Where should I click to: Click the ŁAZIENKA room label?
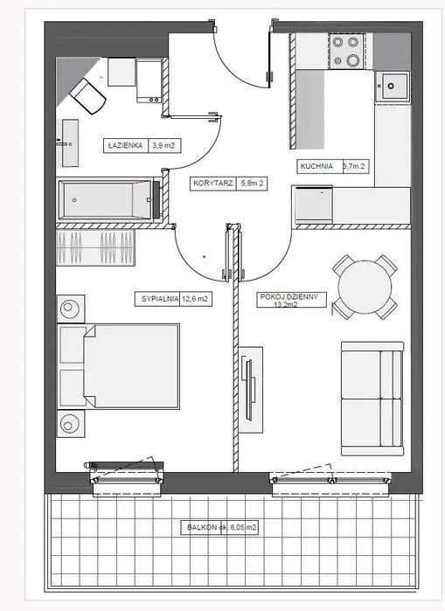click(x=126, y=146)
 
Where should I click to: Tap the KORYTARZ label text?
click(x=213, y=184)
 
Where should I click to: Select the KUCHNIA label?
click(x=316, y=166)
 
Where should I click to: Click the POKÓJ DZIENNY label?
click(x=289, y=296)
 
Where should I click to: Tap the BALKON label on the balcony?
click(x=201, y=528)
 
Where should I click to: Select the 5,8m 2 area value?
click(x=252, y=184)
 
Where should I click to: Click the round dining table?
click(x=365, y=287)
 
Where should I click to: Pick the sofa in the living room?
click(x=372, y=399)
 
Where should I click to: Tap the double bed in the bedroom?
click(x=118, y=366)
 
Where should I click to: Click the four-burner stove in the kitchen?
click(x=346, y=51)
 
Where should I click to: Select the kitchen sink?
click(x=393, y=87)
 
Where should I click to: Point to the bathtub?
click(x=105, y=200)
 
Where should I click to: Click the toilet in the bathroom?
click(x=87, y=96)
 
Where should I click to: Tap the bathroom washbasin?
click(x=70, y=143)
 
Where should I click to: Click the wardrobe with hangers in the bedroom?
click(x=95, y=247)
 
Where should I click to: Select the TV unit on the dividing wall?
click(x=251, y=390)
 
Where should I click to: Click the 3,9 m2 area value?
click(x=163, y=146)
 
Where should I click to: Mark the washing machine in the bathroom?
click(x=149, y=80)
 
